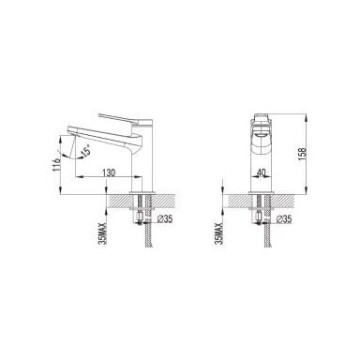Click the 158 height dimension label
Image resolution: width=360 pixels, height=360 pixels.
coord(302,155)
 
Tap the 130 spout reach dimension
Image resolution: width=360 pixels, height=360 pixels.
coord(109,172)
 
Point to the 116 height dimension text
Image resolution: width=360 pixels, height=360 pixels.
coord(56,165)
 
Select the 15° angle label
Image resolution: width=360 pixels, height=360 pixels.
coord(86,151)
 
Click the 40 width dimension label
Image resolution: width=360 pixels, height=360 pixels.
coord(262,172)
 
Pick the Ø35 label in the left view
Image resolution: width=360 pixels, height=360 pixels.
coord(165,219)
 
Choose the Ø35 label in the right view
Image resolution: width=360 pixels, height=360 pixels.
coord(284,219)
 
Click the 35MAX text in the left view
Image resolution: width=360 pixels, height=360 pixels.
coord(103,233)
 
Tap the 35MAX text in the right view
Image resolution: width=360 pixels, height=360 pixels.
coord(219,233)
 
